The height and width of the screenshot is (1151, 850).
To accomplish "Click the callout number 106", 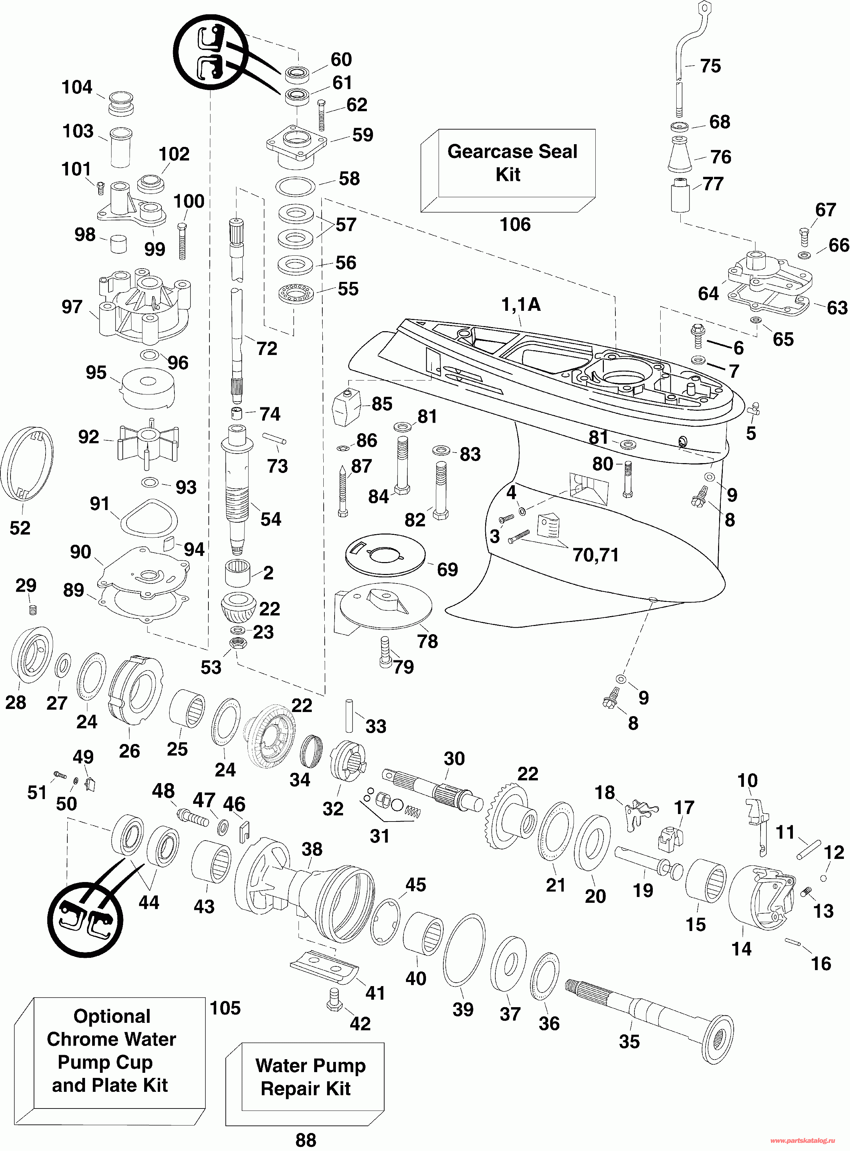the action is coord(515,224).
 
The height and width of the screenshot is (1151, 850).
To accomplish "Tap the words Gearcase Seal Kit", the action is coord(512,163).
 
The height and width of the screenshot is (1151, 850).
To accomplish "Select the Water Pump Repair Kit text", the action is coord(310,1077).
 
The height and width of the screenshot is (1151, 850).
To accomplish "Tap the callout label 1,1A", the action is coord(521,305).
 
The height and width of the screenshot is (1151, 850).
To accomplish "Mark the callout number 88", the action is coord(306,1140).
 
